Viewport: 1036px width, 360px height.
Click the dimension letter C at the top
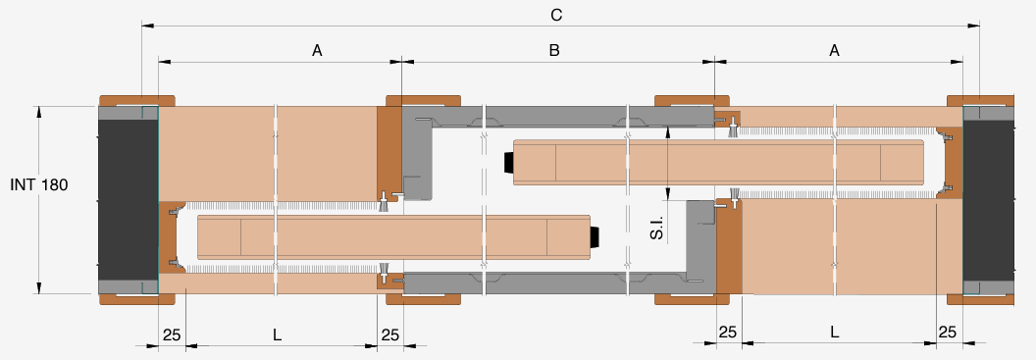click(x=556, y=15)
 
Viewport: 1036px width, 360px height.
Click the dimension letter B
click(x=554, y=50)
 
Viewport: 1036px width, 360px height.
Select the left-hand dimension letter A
click(x=317, y=50)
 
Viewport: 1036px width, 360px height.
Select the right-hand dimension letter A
click(x=835, y=50)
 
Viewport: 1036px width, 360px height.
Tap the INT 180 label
click(x=39, y=185)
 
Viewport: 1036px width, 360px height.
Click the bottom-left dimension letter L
click(x=278, y=334)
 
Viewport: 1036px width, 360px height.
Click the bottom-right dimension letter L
click(x=835, y=333)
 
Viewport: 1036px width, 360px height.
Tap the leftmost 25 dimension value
click(x=172, y=334)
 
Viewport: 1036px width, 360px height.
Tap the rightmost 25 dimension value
click(x=948, y=333)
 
